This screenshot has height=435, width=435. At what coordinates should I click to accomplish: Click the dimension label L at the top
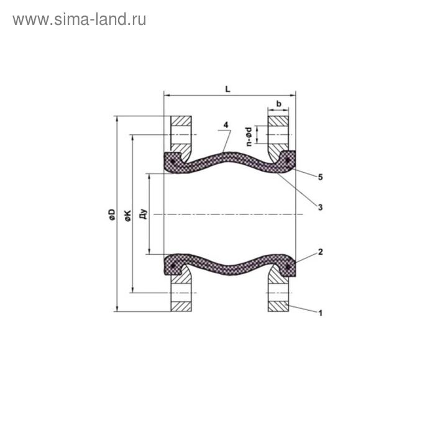coord(228,89)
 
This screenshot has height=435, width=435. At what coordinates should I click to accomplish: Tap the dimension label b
coord(279,103)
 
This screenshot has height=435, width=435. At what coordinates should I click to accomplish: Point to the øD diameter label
coord(112,214)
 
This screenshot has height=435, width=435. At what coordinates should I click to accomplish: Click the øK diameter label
coord(128,214)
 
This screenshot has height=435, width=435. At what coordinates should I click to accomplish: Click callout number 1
coord(320,313)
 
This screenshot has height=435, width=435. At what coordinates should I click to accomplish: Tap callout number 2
coord(319,252)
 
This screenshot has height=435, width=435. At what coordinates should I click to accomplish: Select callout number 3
coord(319,207)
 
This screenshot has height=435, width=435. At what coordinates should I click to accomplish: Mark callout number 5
coord(319,177)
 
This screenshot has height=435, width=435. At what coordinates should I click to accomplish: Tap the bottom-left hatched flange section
coord(182,306)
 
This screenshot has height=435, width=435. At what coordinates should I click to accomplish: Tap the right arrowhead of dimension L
coord(293,96)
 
